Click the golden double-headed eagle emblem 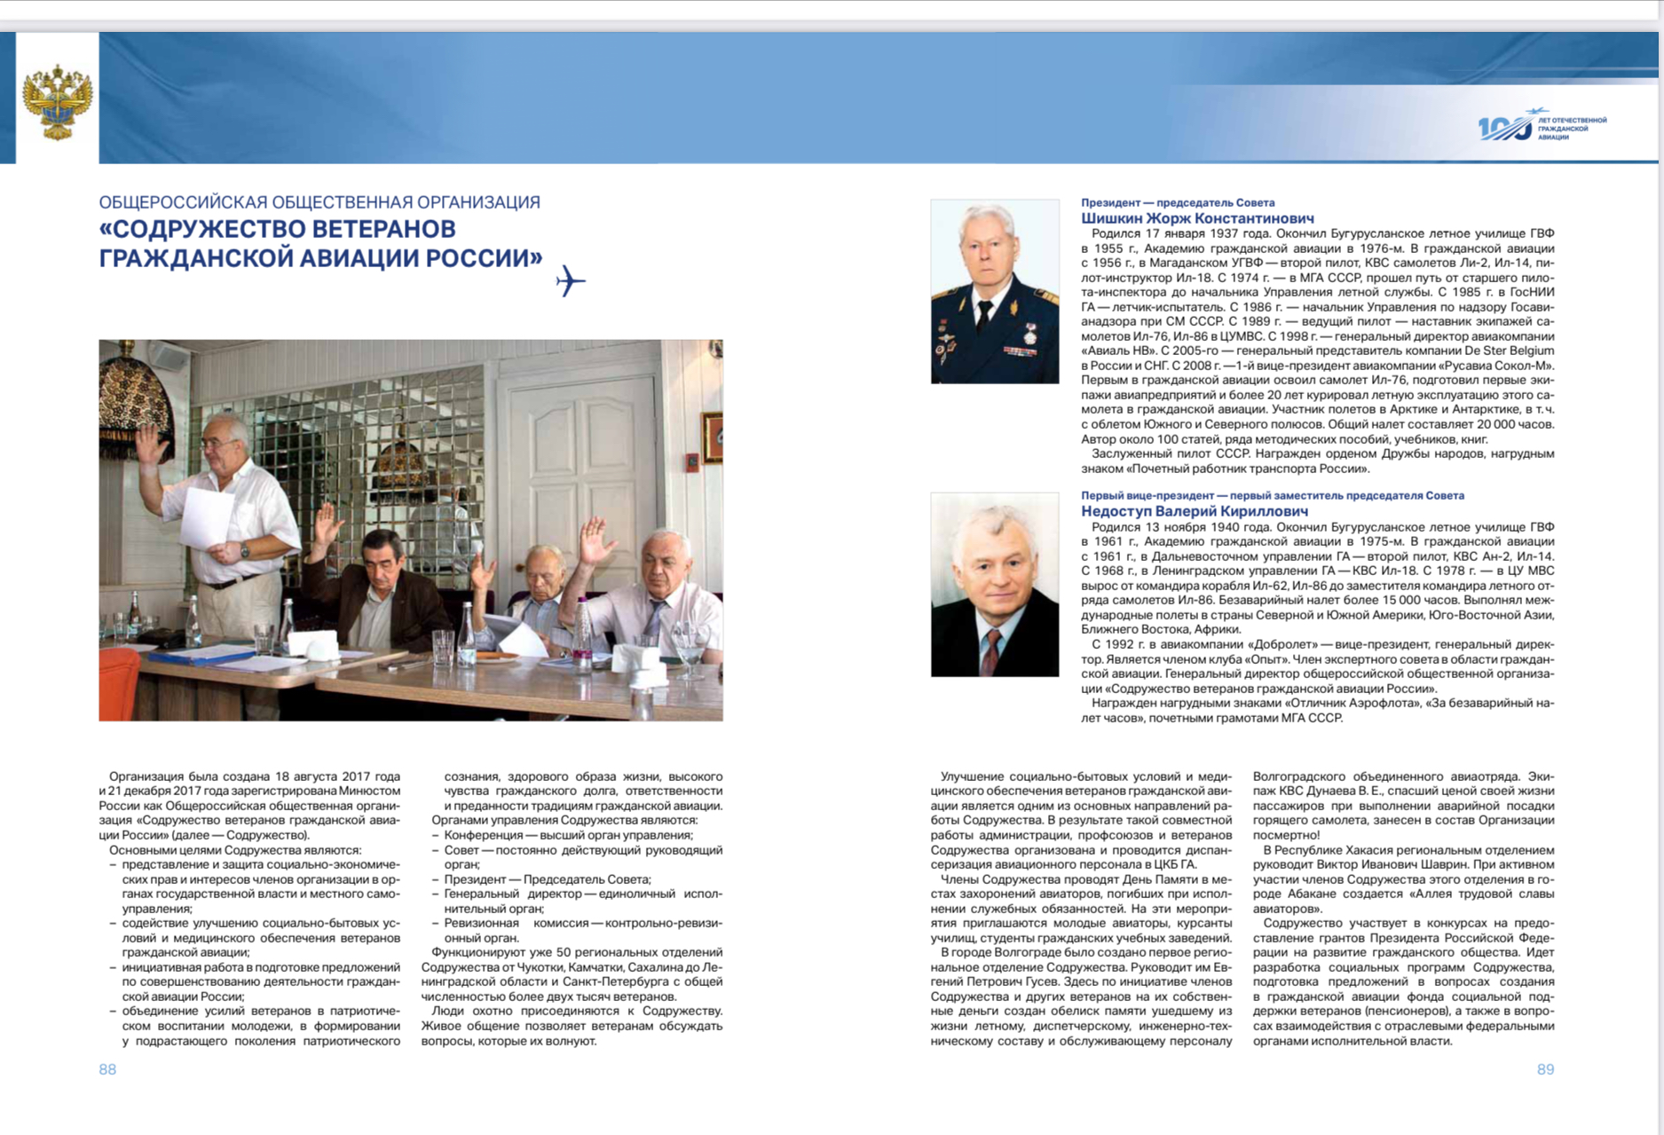(57, 100)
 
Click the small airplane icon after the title (571, 281)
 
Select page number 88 (107, 1069)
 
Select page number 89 (1545, 1069)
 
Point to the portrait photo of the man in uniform (994, 291)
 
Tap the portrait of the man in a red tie (994, 584)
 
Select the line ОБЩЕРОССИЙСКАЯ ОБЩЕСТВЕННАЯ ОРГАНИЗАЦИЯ (319, 202)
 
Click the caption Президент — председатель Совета (1177, 202)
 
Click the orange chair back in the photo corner (117, 683)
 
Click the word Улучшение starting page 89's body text (973, 776)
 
